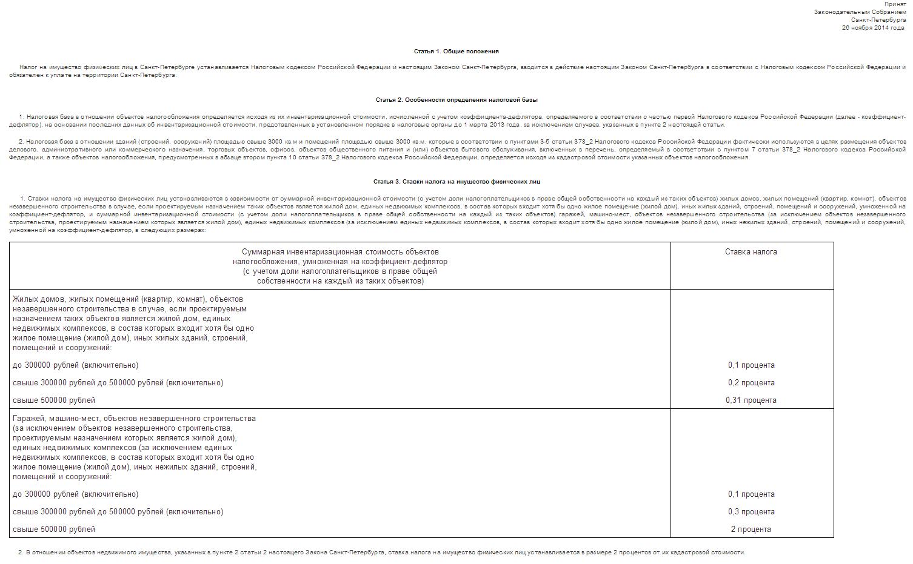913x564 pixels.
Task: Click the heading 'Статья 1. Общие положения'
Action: tap(456, 51)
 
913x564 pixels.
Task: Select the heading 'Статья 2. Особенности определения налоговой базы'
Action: tap(456, 100)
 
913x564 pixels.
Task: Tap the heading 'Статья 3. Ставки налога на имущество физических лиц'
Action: tap(456, 182)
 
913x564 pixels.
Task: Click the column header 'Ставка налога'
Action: tap(751, 252)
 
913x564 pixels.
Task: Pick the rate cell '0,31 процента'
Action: tap(751, 400)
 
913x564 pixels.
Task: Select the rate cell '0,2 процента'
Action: tap(751, 383)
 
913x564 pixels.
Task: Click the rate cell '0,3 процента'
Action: tap(751, 512)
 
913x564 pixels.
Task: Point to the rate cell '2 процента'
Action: tap(751, 529)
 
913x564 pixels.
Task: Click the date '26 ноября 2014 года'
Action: tap(874, 28)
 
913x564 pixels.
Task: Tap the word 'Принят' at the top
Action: tap(895, 4)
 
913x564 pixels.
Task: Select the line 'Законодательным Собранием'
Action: tap(860, 12)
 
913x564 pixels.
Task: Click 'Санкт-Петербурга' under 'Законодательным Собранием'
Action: tap(878, 20)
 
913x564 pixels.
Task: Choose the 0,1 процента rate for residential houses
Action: tap(751, 365)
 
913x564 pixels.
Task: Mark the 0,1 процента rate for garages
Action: tap(751, 494)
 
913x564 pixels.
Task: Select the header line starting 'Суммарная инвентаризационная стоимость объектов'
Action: tap(340, 252)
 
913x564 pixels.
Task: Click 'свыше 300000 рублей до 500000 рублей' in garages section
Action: tap(118, 512)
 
